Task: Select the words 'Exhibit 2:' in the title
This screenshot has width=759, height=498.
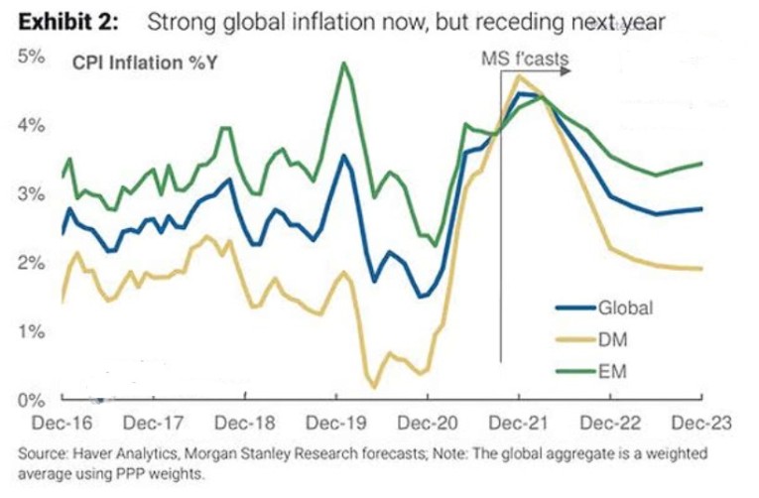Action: pyautogui.click(x=64, y=20)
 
